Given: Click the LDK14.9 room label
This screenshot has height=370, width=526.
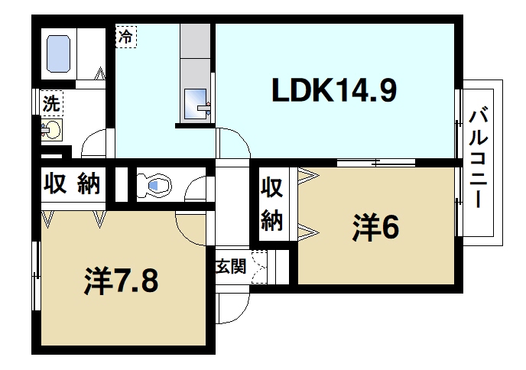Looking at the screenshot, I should pos(335,92).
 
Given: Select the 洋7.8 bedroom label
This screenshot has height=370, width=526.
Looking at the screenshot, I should pos(120,281).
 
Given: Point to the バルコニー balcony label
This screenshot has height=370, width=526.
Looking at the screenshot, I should pos(479,160).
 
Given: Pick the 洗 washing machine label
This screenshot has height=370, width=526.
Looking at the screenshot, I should pos(50,99).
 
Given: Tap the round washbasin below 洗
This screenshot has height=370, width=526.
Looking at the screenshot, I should pos(50,131).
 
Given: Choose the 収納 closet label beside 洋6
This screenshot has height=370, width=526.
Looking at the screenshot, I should pos(273,203).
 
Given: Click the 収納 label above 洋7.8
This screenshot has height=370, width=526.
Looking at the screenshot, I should pos(72,183).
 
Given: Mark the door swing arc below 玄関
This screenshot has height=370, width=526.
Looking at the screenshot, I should pos(233,306).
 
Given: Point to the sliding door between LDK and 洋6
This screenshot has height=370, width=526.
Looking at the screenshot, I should pos(375,162).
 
